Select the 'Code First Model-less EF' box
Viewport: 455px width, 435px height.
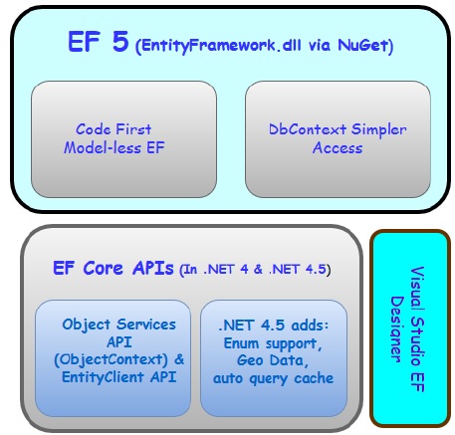(x=123, y=138)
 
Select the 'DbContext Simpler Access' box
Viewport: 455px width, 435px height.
(x=338, y=138)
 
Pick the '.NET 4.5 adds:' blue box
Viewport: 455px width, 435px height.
(x=274, y=358)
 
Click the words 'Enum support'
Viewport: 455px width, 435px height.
(x=274, y=342)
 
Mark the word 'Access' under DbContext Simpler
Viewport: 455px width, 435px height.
(x=337, y=148)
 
